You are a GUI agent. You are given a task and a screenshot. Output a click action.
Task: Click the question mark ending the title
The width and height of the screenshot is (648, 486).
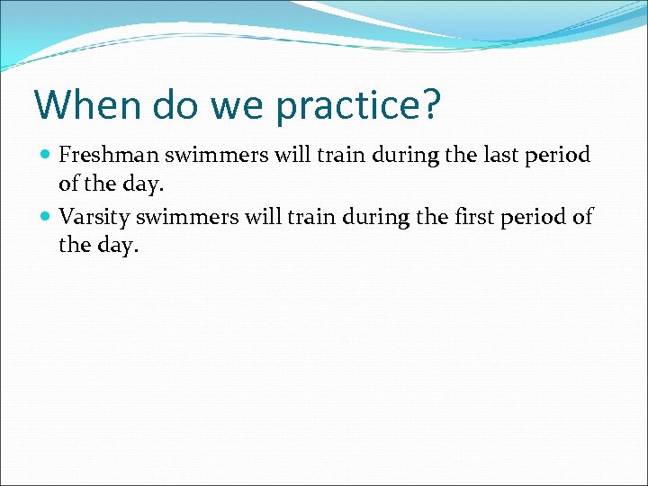[431, 104]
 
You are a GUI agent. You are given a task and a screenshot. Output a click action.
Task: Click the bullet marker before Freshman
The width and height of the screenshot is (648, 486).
[46, 156]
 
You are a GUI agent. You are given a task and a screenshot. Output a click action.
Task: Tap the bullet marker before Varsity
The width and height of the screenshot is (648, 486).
[46, 217]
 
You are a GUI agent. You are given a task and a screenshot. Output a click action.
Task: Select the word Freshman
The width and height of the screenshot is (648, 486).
[108, 155]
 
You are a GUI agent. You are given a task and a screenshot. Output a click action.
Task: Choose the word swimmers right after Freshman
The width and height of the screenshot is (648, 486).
[215, 155]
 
